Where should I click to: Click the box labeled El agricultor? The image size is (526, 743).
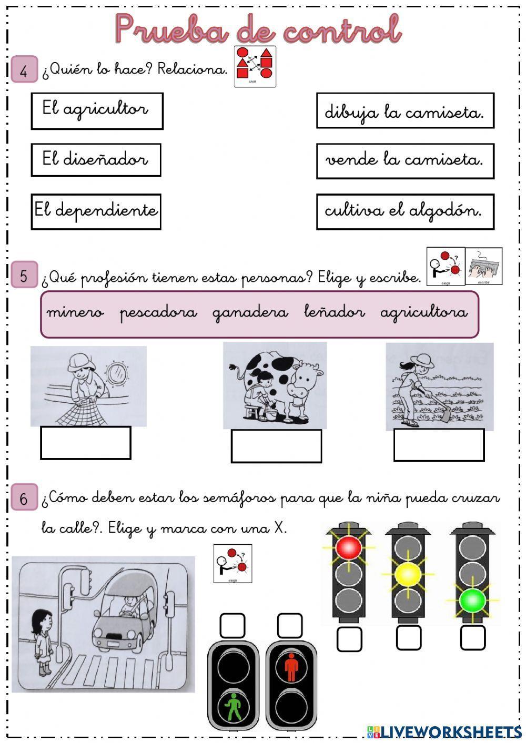[97, 111]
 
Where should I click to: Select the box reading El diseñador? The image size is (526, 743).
[96, 160]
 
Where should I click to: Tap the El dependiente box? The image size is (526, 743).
[96, 211]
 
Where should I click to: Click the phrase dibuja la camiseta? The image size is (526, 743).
[404, 110]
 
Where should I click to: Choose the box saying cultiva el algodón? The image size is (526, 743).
[404, 211]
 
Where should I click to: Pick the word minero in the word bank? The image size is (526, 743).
[75, 313]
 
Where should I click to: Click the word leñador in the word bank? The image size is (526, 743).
[334, 313]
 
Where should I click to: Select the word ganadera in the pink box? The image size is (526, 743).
[250, 313]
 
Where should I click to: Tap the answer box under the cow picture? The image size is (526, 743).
[276, 446]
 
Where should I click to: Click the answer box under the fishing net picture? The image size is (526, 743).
[86, 443]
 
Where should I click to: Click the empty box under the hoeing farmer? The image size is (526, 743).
[439, 445]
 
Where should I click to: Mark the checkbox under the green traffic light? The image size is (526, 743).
[472, 638]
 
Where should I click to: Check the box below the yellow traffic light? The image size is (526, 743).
[409, 638]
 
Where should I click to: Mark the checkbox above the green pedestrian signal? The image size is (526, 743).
[232, 626]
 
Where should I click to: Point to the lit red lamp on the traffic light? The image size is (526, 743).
[348, 547]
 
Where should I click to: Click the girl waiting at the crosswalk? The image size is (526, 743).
[42, 642]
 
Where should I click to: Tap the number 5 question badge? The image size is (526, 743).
[24, 275]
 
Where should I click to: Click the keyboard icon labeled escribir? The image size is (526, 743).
[484, 266]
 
